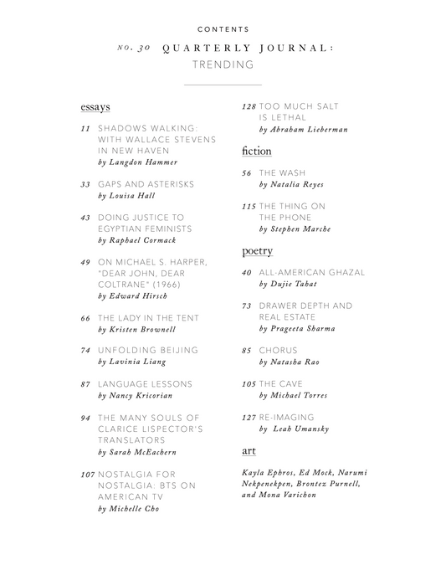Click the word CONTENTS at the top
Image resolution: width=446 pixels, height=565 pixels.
(x=222, y=29)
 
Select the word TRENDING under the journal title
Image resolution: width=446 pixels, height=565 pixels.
(x=222, y=64)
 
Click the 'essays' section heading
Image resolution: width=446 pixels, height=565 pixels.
(x=95, y=108)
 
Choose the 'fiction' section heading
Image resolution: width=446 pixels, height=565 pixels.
(x=255, y=152)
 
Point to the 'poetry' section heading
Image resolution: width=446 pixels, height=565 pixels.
(x=257, y=250)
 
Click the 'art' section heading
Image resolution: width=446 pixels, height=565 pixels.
(x=249, y=451)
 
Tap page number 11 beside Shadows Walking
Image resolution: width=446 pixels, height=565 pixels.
(x=85, y=128)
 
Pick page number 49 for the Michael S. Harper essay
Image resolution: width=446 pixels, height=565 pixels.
(x=85, y=261)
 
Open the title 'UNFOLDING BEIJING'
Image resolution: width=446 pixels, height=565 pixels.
(x=148, y=350)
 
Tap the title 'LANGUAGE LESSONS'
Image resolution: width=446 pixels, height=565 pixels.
(x=145, y=383)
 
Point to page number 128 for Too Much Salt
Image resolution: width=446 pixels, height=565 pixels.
(x=248, y=107)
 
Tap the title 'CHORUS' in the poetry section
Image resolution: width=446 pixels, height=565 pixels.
(x=278, y=350)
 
